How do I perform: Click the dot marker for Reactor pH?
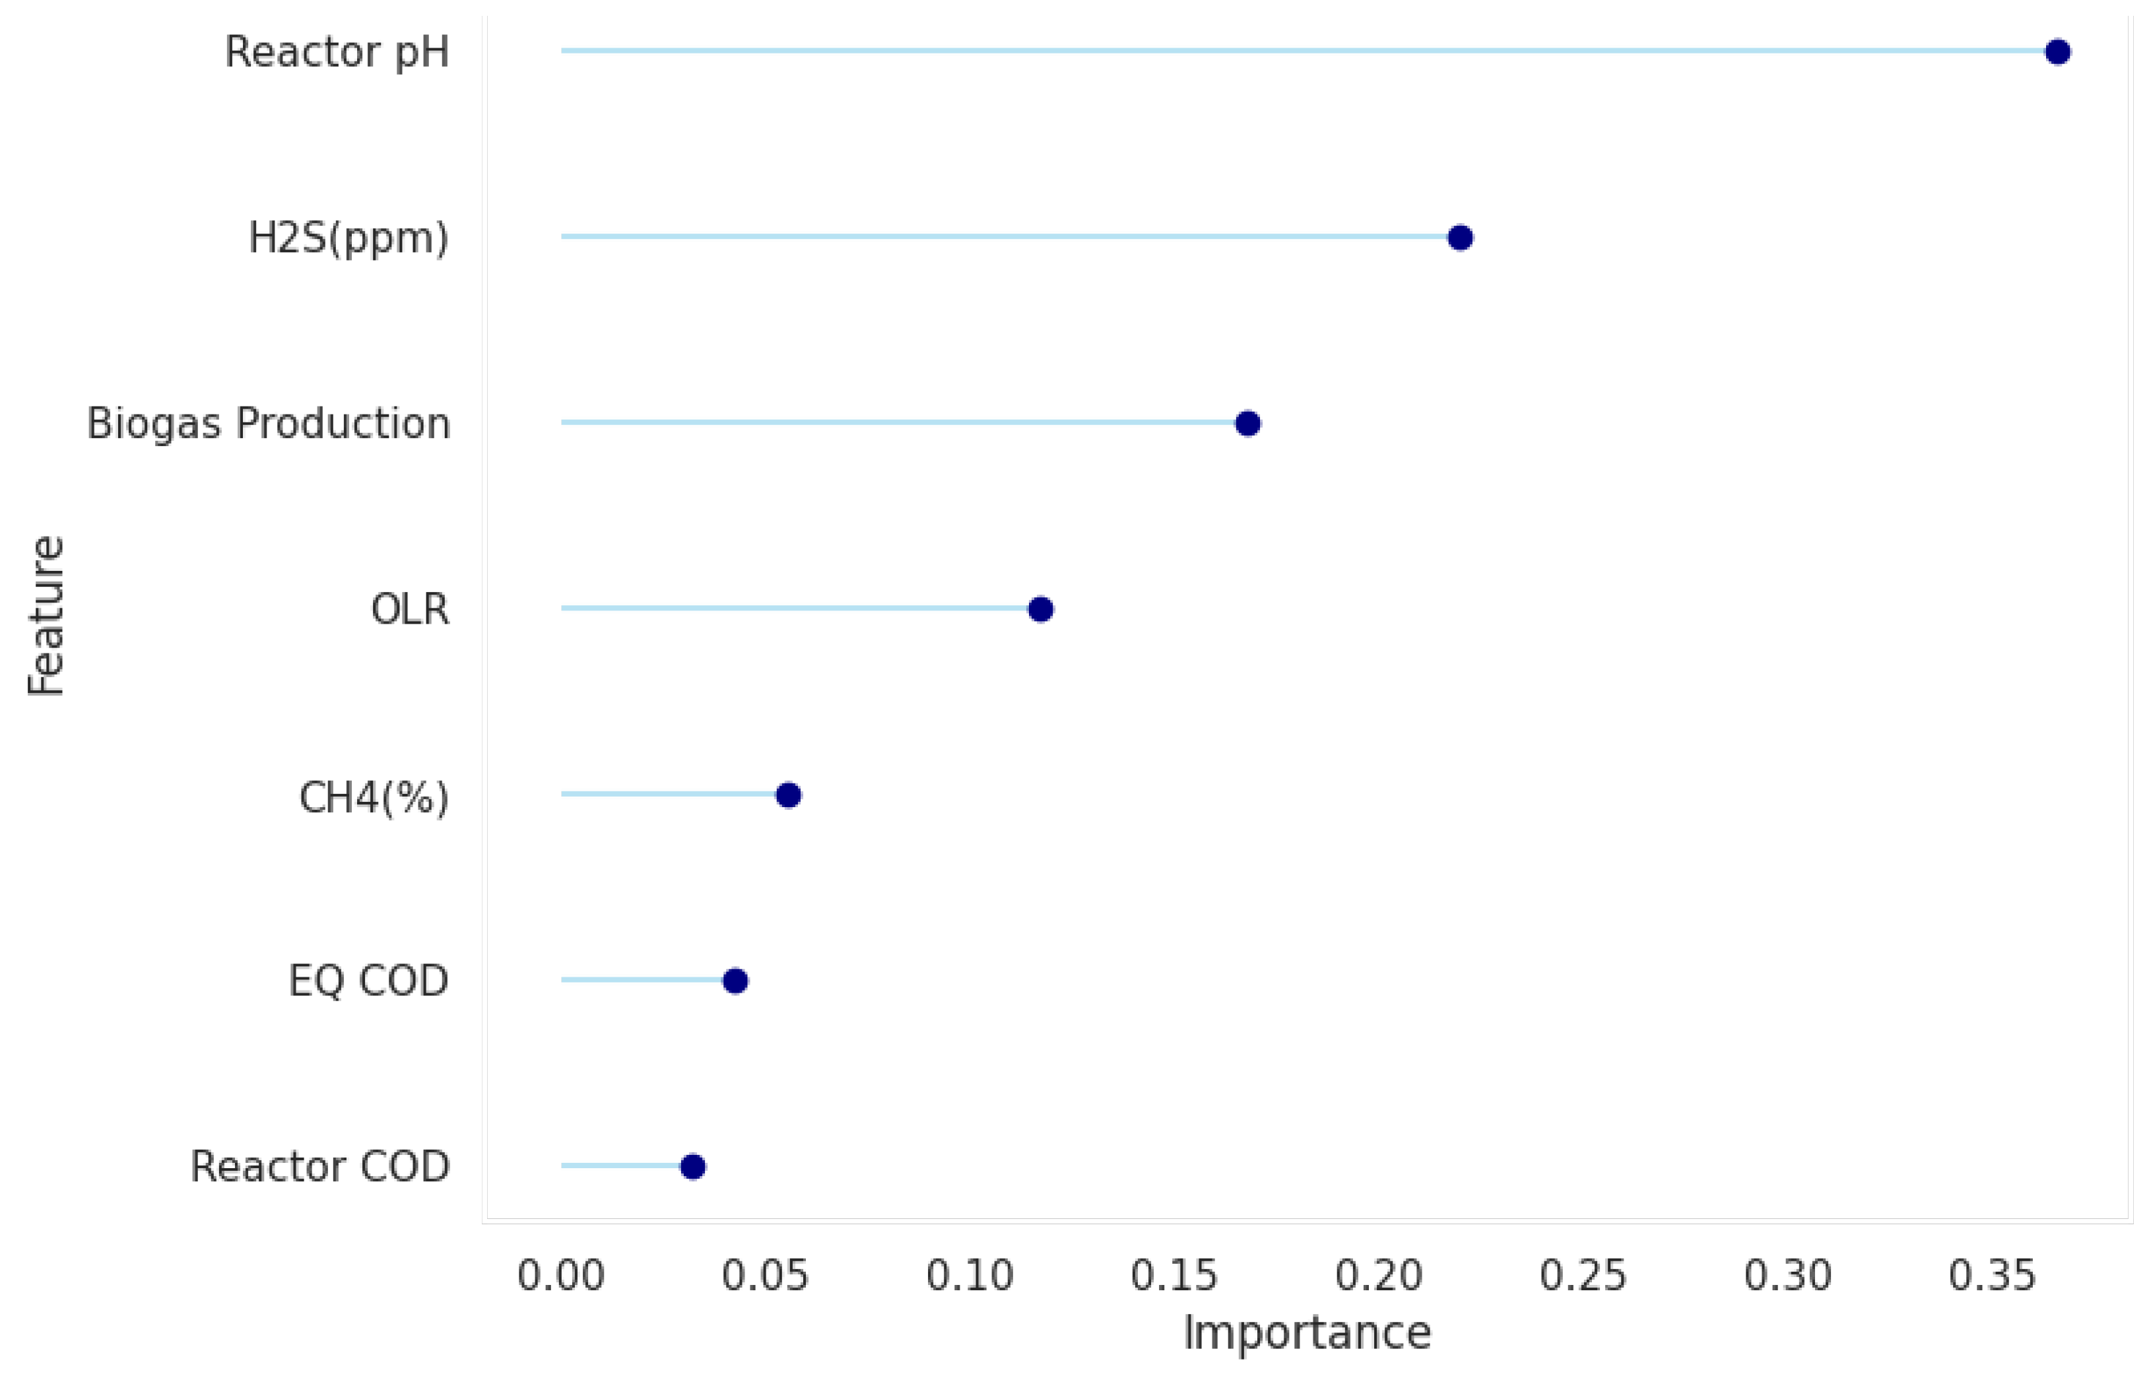point(2057,52)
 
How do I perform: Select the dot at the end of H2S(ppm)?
point(1460,238)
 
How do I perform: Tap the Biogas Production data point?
point(1247,423)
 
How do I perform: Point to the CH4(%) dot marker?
point(788,795)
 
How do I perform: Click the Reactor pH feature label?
point(337,52)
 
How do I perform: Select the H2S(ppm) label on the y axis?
point(348,238)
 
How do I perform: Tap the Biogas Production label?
point(268,423)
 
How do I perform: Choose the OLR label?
point(410,609)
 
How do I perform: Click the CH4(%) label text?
point(374,797)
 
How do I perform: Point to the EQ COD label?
point(368,980)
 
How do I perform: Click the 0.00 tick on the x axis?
point(561,1275)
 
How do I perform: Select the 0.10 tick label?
point(970,1275)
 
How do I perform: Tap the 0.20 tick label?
point(1378,1275)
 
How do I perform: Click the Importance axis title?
point(1307,1332)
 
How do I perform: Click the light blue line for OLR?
point(798,608)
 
